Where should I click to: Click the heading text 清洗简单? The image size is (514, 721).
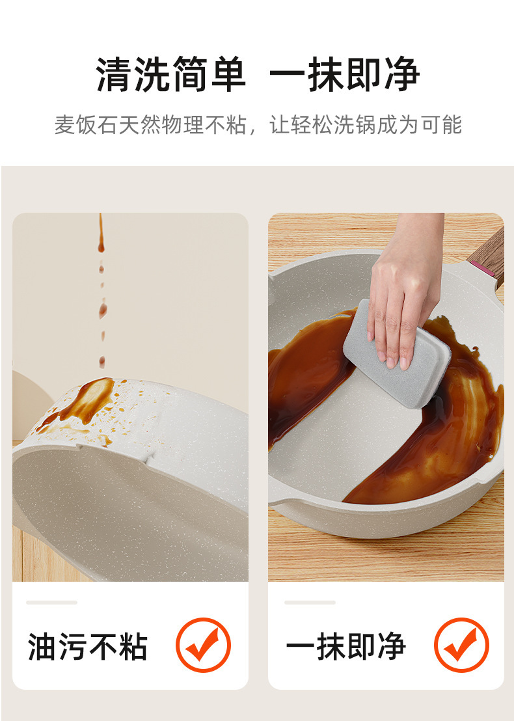[171, 75]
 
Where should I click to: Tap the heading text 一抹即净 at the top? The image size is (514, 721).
[344, 75]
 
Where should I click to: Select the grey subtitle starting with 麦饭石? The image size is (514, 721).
[257, 124]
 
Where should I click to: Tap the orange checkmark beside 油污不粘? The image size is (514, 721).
[203, 645]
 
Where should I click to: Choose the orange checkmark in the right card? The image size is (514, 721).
[461, 645]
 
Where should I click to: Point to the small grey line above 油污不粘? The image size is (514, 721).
[51, 603]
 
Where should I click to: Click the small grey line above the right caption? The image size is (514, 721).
[310, 603]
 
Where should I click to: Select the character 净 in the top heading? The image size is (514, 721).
[401, 75]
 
